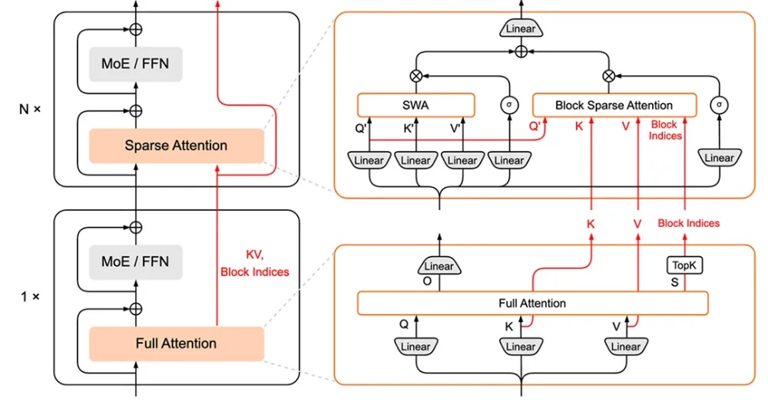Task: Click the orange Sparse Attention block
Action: point(176,145)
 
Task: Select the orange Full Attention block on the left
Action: point(176,343)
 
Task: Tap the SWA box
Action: point(415,105)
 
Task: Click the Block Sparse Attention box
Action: point(614,105)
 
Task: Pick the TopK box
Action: point(684,265)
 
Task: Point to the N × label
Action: point(30,109)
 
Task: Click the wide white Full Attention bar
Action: point(532,303)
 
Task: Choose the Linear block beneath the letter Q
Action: point(415,347)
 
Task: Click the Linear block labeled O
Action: point(439,266)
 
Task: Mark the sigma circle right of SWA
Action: point(508,105)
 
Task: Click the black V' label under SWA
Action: point(455,128)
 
